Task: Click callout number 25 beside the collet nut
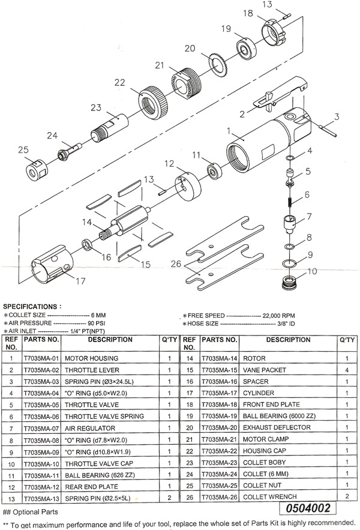point(23,149)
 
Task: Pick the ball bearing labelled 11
point(213,172)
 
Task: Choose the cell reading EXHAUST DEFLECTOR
point(276,428)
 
